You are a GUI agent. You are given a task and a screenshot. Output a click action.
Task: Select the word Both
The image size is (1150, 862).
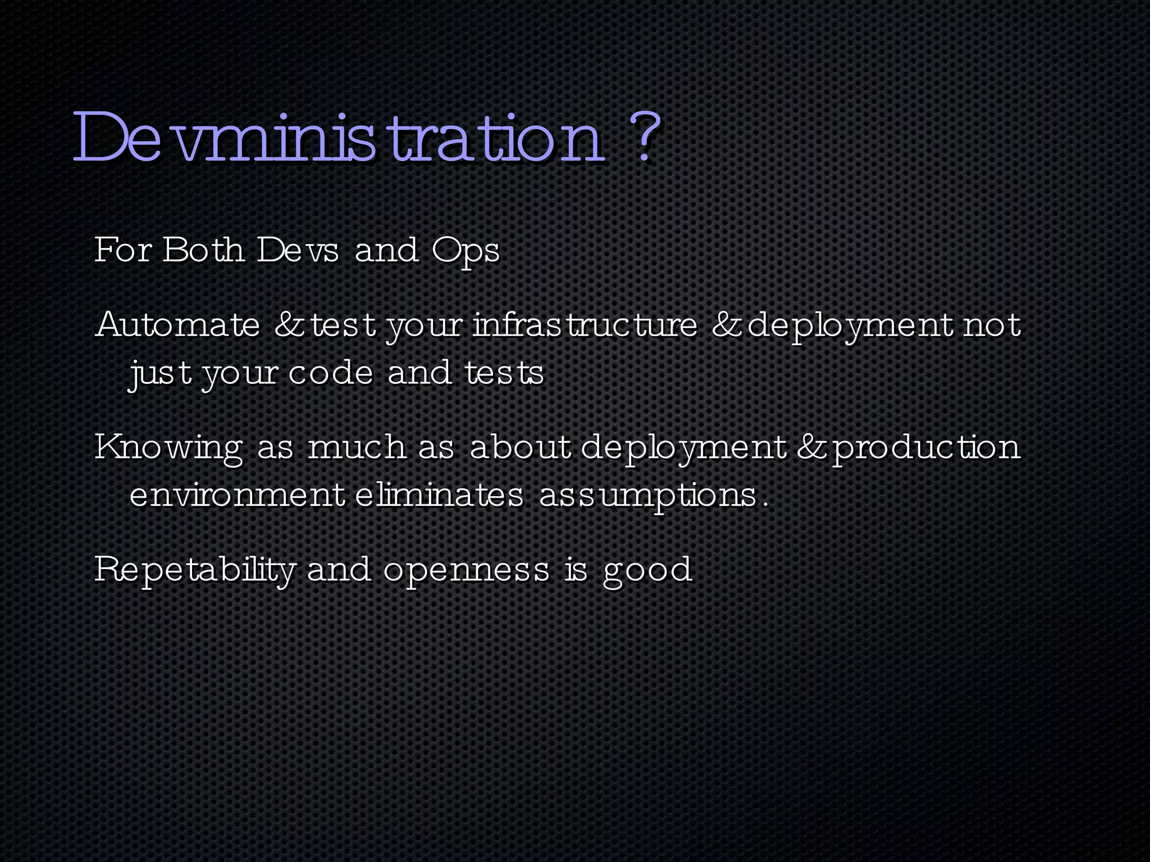coord(203,250)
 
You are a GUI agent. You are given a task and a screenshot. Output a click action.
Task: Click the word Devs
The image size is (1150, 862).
coord(298,250)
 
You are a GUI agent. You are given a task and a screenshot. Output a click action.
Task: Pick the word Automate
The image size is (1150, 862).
coord(177,325)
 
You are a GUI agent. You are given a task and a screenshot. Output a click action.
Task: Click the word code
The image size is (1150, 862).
coord(331,373)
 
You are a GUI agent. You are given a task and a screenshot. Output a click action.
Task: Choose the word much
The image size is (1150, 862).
coord(357,447)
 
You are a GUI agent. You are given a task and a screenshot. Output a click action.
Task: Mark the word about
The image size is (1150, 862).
coord(520,447)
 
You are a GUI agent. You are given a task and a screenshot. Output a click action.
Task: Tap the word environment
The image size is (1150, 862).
coord(237,495)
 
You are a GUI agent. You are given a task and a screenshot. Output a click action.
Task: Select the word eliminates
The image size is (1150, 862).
coord(439,495)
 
